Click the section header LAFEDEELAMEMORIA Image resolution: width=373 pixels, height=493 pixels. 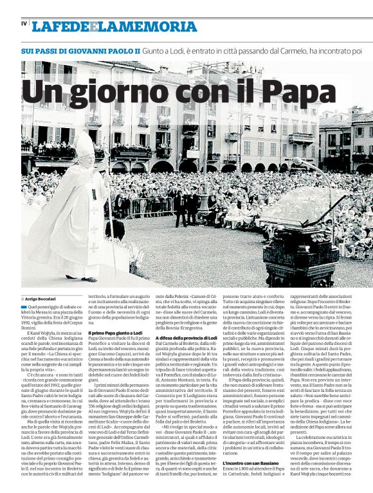[x=105, y=26]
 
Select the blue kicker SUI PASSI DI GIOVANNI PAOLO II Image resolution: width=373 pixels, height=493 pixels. [x=80, y=50]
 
